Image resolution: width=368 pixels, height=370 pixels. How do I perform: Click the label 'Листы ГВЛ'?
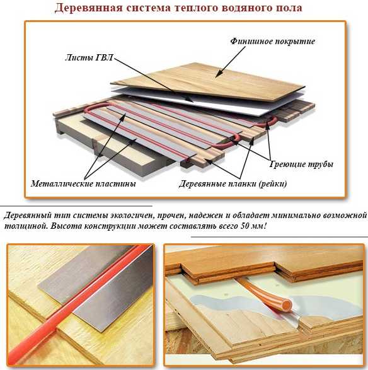pyautogui.click(x=89, y=57)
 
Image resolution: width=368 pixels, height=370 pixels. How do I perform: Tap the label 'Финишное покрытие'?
pyautogui.click(x=272, y=42)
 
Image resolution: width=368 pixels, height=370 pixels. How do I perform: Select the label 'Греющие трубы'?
pyautogui.click(x=301, y=164)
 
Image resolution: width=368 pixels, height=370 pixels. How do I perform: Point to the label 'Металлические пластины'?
pyautogui.click(x=83, y=183)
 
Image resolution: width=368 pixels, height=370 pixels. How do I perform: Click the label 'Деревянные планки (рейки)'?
pyautogui.click(x=233, y=183)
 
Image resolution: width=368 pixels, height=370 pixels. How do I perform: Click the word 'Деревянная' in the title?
pyautogui.click(x=89, y=8)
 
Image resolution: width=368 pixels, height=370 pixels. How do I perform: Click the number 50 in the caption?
pyautogui.click(x=244, y=226)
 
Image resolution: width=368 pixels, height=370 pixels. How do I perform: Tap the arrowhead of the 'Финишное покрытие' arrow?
pyautogui.click(x=218, y=74)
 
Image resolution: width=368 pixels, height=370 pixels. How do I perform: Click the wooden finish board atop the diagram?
pyautogui.click(x=207, y=81)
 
